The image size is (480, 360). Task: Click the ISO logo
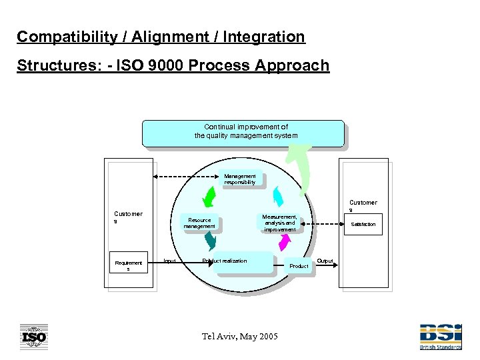point(33,337)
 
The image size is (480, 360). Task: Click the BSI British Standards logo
point(440,337)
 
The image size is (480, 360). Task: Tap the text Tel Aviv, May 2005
point(240,336)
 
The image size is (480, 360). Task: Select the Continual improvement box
point(243,133)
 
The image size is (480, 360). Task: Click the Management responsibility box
point(240,179)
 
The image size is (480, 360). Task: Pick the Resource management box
point(199,223)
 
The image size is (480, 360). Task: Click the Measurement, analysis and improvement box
point(279,223)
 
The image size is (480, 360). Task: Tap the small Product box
point(299,265)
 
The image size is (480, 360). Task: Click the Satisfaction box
point(363,225)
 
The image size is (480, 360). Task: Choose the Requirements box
point(129,266)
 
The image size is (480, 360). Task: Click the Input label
point(170,261)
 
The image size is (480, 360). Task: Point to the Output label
point(325,261)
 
